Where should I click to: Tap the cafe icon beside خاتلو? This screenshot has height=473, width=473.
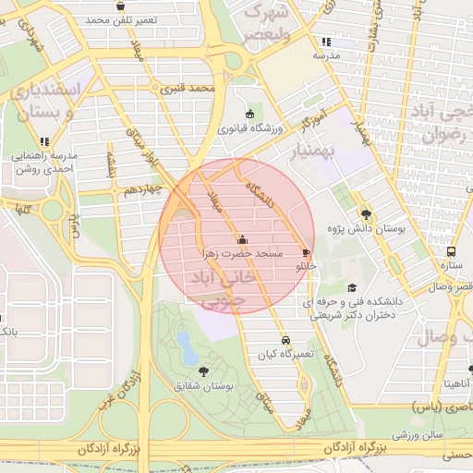306,252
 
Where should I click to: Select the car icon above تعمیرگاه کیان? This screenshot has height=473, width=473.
286,339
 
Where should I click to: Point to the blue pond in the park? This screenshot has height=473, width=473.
188,348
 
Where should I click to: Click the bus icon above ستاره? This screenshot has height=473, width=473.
452,251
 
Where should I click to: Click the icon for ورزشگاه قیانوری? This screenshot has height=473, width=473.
250,114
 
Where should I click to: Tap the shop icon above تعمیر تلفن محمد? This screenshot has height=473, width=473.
121,6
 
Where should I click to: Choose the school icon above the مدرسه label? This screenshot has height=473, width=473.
325,42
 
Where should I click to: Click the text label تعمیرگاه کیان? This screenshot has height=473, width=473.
286,354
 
